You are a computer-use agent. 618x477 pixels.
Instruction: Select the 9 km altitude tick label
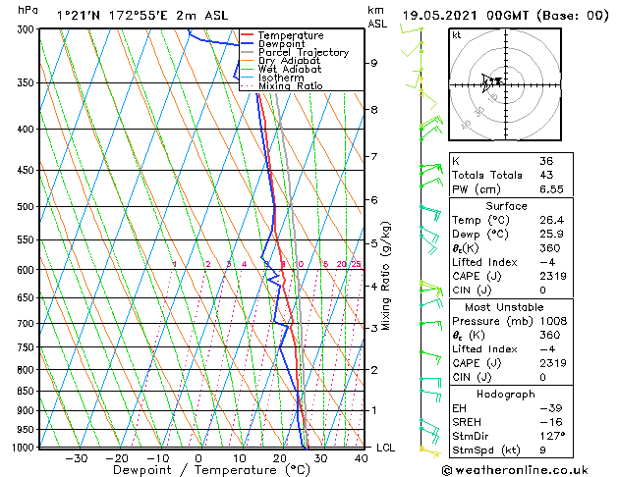374,63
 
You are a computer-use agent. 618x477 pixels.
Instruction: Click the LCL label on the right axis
386,448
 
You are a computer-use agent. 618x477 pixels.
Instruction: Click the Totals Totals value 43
546,175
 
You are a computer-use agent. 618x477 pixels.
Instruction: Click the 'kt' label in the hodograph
457,35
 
